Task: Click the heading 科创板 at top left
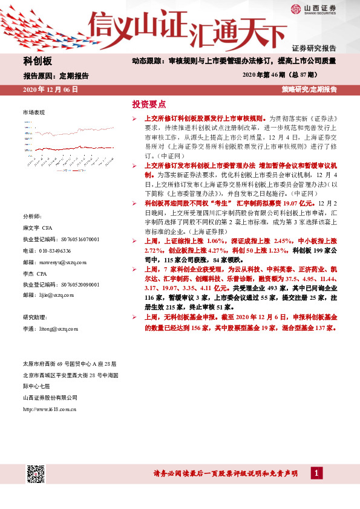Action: pos(38,61)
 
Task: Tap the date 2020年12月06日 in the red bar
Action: pos(50,89)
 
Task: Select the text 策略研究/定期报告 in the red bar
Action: pos(309,89)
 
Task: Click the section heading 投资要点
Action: pos(149,104)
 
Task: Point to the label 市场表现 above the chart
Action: pos(33,112)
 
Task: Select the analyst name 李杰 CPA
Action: pos(36,273)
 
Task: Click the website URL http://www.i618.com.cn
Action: pos(49,409)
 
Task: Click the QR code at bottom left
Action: pos(36,473)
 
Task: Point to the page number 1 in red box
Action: pos(315,472)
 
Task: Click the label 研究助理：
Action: pos(35,317)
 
